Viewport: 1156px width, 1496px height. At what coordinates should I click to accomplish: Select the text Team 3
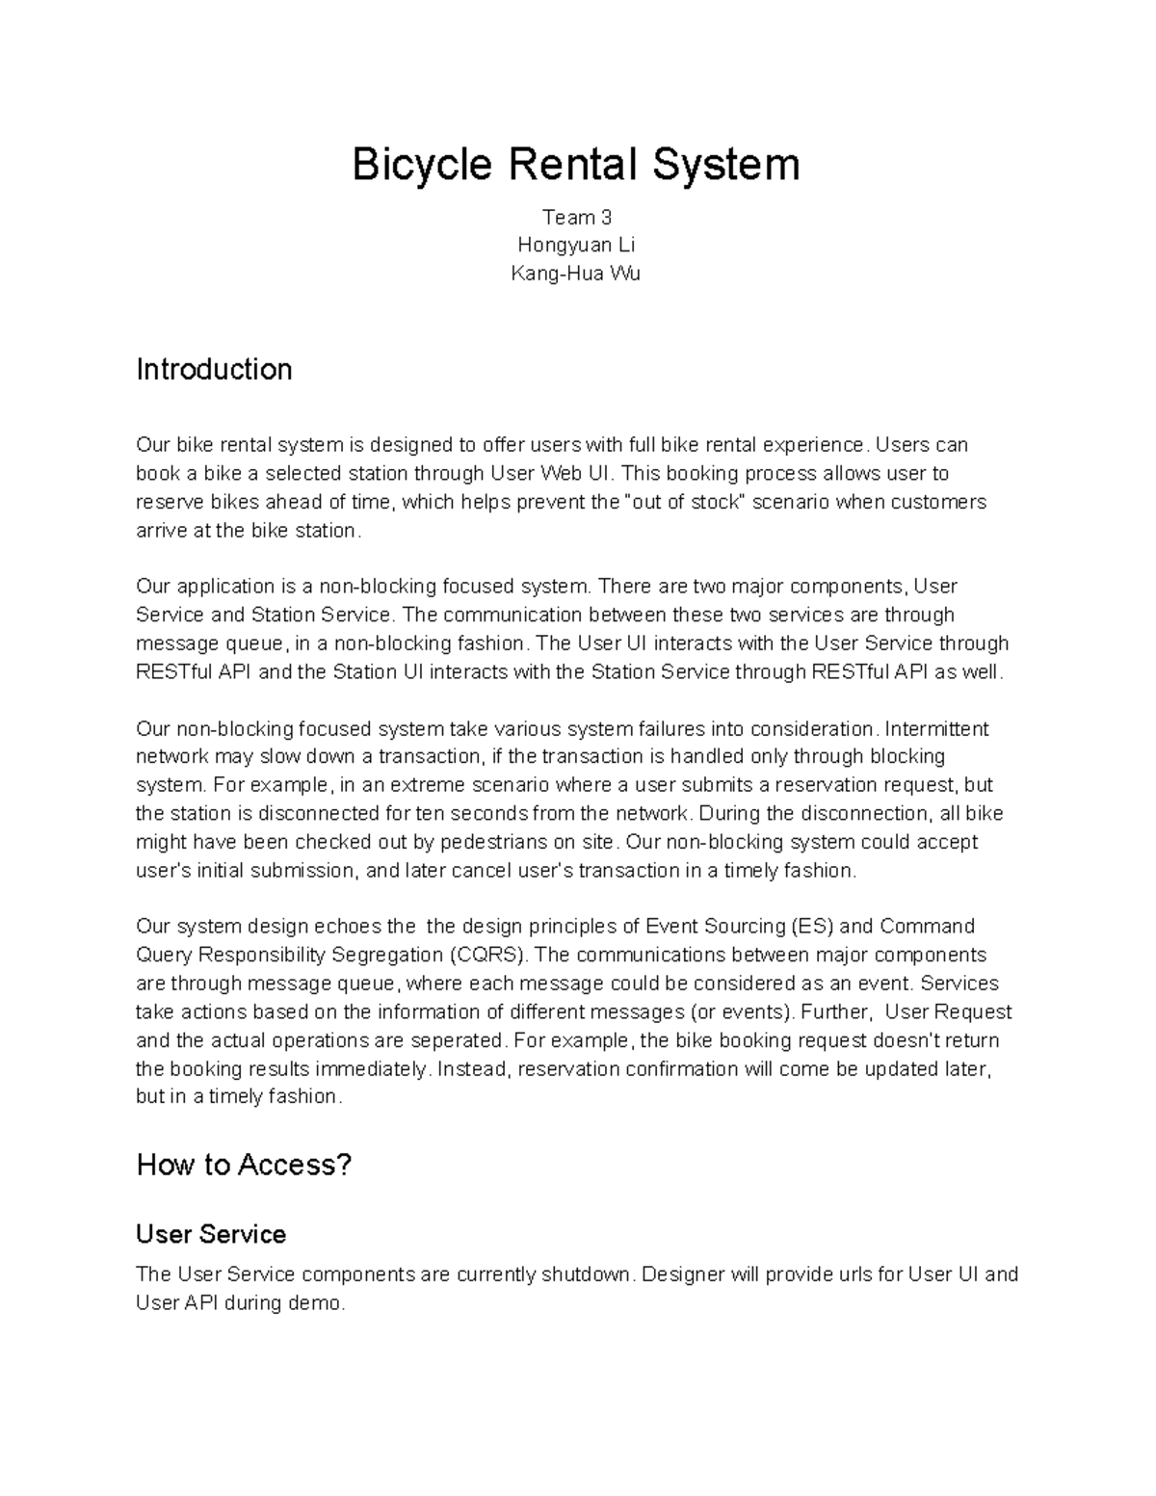tap(577, 217)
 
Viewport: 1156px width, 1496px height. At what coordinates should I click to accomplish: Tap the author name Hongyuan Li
tap(576, 245)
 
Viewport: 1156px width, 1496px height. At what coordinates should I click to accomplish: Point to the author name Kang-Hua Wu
tap(576, 274)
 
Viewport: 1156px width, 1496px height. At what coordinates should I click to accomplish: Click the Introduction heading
tap(214, 370)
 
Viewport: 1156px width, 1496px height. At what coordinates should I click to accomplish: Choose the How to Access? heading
tap(244, 1165)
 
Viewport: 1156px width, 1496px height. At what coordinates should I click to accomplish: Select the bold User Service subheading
tap(211, 1234)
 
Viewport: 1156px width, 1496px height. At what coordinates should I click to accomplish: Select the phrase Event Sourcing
tap(714, 927)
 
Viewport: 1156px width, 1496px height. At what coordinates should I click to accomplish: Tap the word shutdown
tap(586, 1274)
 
